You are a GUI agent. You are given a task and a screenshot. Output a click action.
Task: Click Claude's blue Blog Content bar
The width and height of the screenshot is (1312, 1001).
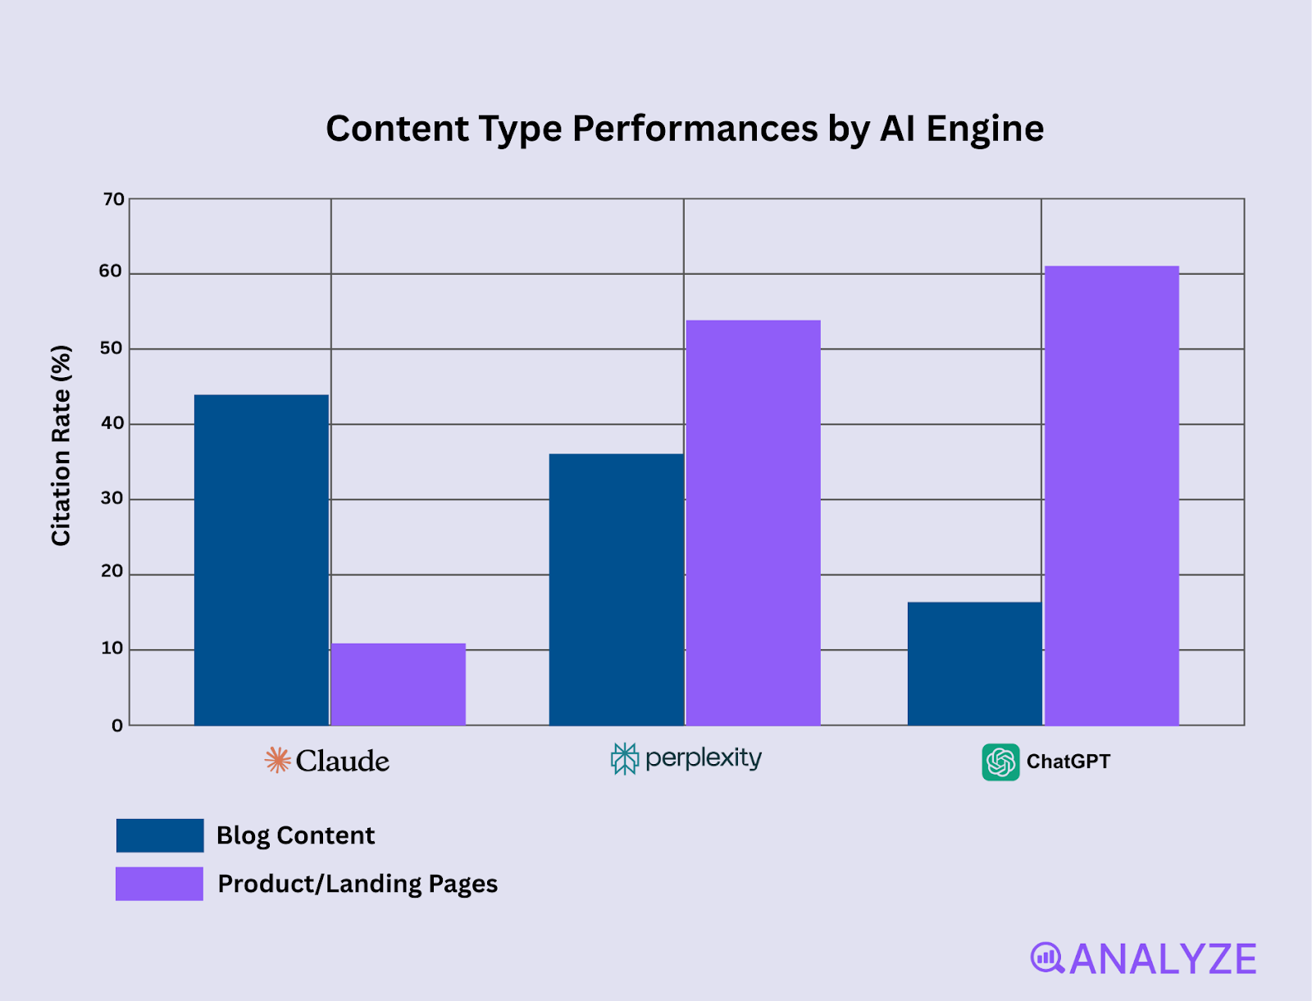261,560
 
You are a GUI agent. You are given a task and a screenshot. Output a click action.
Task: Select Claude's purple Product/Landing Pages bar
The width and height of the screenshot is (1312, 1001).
398,685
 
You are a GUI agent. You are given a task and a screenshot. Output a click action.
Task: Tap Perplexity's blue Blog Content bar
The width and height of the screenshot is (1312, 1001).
616,589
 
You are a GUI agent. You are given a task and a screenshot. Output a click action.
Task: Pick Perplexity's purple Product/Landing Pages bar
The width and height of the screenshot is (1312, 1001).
753,522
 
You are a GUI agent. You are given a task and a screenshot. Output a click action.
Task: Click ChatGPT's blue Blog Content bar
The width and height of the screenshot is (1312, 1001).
974,663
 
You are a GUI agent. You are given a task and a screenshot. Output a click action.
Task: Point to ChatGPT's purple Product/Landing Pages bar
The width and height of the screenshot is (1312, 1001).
1111,495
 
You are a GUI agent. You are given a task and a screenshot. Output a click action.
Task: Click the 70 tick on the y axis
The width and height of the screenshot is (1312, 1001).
114,199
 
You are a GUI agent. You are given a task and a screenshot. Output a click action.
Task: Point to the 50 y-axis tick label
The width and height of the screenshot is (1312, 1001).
111,348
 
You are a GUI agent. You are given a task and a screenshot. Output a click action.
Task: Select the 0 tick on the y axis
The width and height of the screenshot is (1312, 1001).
117,726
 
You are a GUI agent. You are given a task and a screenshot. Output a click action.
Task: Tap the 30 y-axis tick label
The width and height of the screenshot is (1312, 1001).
112,498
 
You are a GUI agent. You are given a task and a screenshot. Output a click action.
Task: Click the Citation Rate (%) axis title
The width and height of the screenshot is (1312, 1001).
61,445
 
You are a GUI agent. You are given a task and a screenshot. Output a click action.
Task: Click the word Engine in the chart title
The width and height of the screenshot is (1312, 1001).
985,130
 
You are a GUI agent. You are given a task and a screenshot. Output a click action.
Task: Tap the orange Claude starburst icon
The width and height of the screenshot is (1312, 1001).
278,760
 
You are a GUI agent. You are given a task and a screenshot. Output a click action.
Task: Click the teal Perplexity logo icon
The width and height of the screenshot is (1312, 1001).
624,759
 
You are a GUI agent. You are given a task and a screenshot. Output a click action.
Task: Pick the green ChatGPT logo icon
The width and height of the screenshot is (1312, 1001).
1000,762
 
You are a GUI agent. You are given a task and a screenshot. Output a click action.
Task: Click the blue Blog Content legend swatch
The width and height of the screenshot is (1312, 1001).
160,835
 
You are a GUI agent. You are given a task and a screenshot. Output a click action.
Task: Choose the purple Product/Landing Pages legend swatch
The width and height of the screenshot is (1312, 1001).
159,884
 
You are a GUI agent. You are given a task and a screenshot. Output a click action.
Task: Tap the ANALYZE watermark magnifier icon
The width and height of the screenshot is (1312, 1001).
1047,958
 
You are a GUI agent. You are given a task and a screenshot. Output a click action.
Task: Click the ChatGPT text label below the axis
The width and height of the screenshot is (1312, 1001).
1068,762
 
